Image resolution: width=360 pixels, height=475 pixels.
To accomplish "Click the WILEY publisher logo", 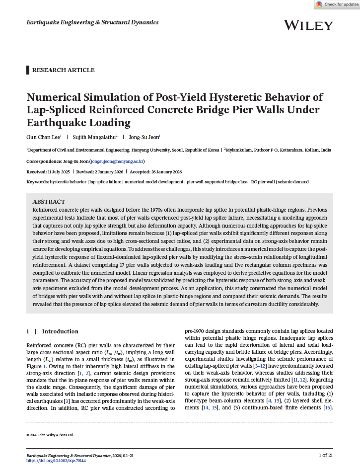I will pyautogui.click(x=308, y=25).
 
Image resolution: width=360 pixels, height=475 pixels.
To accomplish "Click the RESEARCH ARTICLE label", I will pyautogui.click(x=63, y=70).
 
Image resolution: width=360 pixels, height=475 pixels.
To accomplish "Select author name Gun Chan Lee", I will pyautogui.click(x=43, y=137).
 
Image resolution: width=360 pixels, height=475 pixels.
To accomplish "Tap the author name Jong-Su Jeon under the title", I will pyautogui.click(x=144, y=137).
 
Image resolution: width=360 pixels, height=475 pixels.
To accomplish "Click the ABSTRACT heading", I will pyautogui.click(x=49, y=202).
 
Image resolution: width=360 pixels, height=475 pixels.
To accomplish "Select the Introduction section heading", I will pyautogui.click(x=60, y=331).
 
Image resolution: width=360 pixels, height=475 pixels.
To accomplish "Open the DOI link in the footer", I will pyautogui.click(x=56, y=461).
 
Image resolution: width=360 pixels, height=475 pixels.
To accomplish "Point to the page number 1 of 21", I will pyautogui.click(x=325, y=455).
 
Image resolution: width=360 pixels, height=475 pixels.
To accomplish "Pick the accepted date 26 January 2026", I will pyautogui.click(x=163, y=171).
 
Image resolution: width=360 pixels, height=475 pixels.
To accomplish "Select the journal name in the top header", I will pyautogui.click(x=92, y=22).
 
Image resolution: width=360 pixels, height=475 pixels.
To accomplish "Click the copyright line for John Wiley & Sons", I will pyautogui.click(x=50, y=435).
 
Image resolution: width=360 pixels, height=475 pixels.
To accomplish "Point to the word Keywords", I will pyautogui.click(x=37, y=182).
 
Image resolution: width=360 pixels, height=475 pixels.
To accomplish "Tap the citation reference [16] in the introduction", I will pyautogui.click(x=327, y=407).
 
